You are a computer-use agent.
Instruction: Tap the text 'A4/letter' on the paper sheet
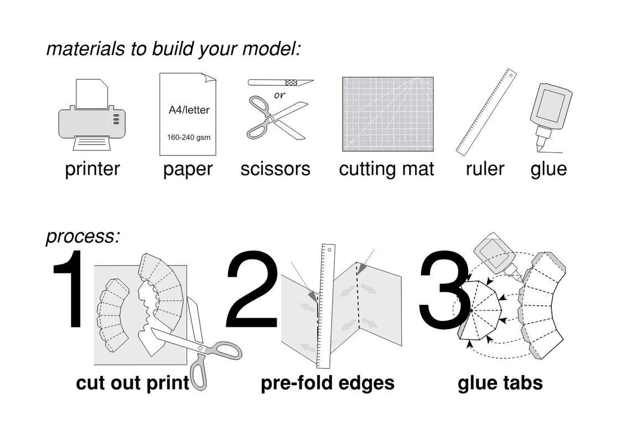point(189,110)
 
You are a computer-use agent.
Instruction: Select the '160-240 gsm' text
point(189,137)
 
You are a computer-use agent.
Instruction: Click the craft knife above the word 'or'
point(281,82)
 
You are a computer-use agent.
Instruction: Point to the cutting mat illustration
point(388,114)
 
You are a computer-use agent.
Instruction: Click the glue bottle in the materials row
point(550,117)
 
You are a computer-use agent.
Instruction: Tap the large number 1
point(69,288)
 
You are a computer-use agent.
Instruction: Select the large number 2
point(251,288)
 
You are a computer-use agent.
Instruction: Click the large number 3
point(443,289)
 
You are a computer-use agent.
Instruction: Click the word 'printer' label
point(92,169)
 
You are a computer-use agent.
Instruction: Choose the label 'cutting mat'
point(386,169)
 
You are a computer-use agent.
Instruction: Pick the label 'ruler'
point(485,169)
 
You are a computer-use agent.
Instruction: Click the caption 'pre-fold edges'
point(328,383)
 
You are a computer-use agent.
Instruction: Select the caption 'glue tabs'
point(500,383)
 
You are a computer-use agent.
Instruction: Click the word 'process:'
point(83,236)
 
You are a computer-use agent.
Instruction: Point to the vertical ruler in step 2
point(325,306)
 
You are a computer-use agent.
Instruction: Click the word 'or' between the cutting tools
point(280,95)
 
